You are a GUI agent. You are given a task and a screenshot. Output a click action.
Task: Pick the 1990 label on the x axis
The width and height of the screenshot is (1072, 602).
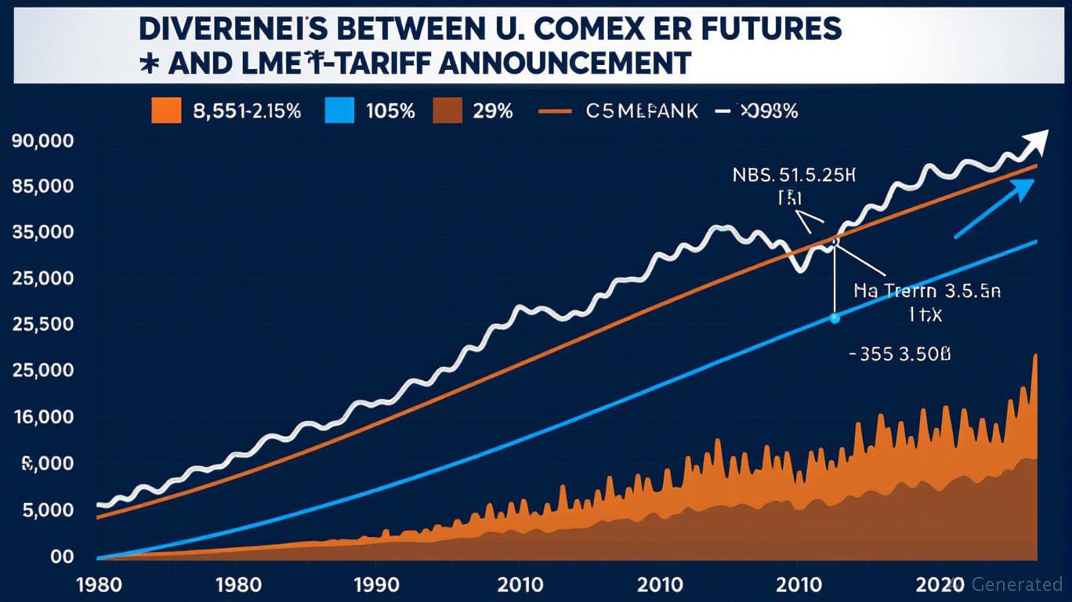[x=375, y=584]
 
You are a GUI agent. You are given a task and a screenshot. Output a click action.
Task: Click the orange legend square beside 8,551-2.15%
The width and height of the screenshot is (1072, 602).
[x=166, y=111]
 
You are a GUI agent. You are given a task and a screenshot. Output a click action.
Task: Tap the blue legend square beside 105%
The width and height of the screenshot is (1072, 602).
[x=339, y=111]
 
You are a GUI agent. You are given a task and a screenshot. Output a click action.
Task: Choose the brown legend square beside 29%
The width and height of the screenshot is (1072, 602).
[x=447, y=111]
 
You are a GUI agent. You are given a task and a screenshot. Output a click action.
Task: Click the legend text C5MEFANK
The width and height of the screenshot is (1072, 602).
[x=641, y=111]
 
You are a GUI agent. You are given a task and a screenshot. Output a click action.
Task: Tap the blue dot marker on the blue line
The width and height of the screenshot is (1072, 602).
[x=835, y=318]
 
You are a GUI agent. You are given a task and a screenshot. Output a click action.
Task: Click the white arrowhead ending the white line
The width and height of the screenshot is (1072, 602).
[x=1037, y=141]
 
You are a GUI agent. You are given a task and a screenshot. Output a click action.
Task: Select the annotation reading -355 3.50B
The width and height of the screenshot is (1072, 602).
[x=900, y=354]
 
